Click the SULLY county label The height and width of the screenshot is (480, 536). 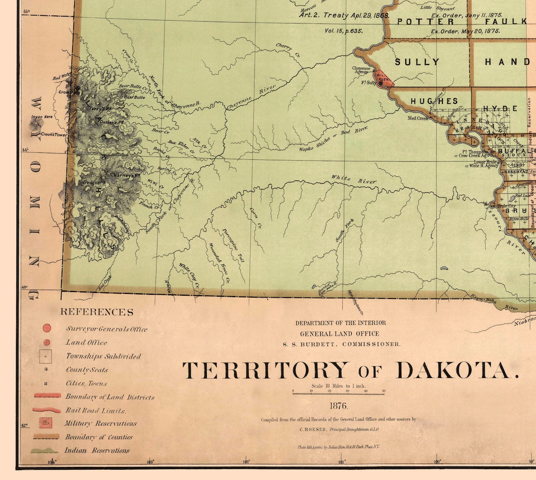[x=417, y=62]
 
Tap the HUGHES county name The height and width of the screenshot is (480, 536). [x=434, y=101]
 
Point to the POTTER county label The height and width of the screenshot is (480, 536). [x=426, y=22]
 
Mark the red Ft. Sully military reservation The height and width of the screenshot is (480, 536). [x=381, y=78]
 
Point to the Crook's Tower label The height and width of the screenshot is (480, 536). [x=54, y=135]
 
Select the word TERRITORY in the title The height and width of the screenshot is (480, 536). [x=266, y=370]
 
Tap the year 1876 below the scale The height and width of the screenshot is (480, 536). [x=338, y=406]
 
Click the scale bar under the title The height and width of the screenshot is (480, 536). [x=338, y=393]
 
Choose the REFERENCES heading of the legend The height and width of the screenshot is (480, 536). [x=96, y=312]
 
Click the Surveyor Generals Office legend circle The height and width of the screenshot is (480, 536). [x=47, y=329]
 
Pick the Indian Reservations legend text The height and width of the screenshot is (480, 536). [x=97, y=450]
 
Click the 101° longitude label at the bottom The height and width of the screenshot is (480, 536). [x=342, y=462]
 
